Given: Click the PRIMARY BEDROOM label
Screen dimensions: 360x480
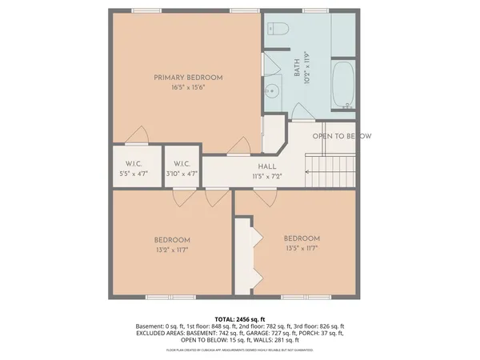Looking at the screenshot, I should (x=188, y=77).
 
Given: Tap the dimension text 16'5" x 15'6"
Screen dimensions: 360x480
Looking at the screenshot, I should (x=188, y=87).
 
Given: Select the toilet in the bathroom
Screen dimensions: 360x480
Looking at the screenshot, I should (x=277, y=30).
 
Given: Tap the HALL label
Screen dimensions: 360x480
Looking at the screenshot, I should (x=267, y=166).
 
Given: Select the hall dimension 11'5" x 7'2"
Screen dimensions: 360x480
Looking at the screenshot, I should (x=267, y=176).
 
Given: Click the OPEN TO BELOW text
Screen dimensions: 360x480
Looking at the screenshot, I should (x=342, y=136).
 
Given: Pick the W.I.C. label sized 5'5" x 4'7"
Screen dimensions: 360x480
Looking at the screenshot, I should (x=133, y=163).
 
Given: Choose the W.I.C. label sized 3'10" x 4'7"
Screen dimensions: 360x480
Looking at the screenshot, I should (x=182, y=163).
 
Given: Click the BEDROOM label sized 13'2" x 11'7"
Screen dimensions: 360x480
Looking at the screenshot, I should (x=172, y=240).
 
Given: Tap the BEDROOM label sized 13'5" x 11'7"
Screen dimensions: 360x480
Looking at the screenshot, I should (x=302, y=238).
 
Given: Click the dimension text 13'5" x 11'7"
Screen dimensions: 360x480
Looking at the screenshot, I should (x=302, y=249).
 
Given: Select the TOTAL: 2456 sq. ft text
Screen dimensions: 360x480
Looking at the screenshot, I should (x=240, y=318).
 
